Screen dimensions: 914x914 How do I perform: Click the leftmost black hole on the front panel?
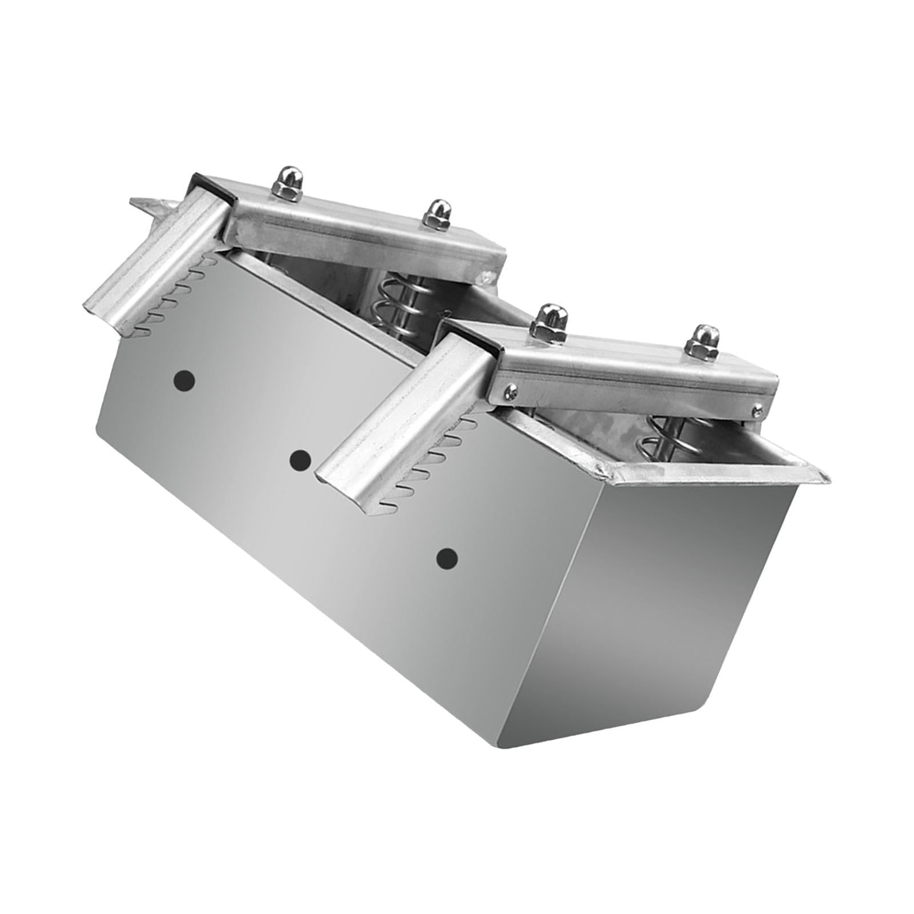pyautogui.click(x=183, y=379)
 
